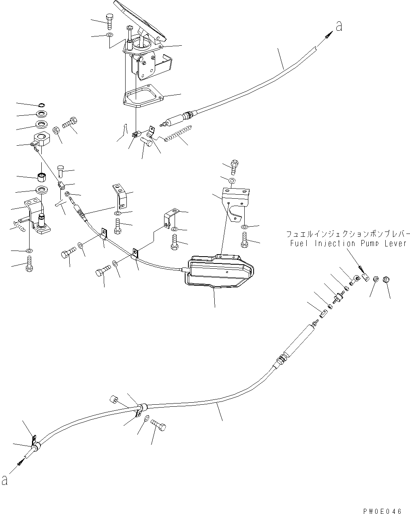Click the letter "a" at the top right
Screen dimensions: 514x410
coord(339,27)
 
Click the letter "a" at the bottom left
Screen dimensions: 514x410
coord(5,480)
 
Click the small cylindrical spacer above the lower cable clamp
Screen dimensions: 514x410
coord(113,401)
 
